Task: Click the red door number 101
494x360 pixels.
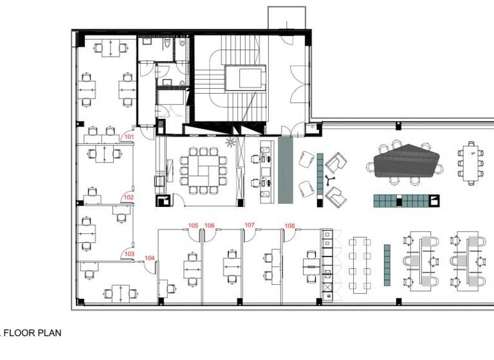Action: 129,137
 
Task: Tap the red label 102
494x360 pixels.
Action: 129,197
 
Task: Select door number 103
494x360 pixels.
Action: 129,255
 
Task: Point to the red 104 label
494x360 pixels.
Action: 149,258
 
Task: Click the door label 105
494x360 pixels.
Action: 192,225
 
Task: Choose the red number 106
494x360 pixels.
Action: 209,225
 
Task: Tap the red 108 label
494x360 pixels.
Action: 289,225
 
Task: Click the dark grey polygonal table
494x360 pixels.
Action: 405,161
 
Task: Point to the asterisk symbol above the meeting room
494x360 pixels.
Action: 230,142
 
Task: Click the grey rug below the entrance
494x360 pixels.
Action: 286,170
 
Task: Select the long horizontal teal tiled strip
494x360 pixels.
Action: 401,201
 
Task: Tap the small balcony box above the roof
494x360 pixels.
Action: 286,17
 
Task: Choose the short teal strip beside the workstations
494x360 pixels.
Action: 387,265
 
